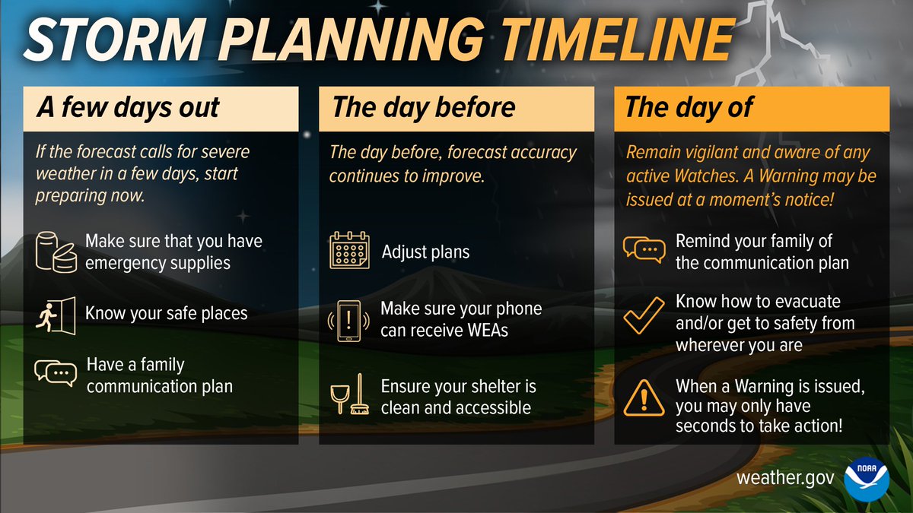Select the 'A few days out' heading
129,107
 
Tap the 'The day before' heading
423,107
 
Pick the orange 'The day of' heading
689,107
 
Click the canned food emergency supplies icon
57,252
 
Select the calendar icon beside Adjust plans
349,252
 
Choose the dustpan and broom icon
349,396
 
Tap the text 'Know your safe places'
167,312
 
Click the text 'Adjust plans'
426,252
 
